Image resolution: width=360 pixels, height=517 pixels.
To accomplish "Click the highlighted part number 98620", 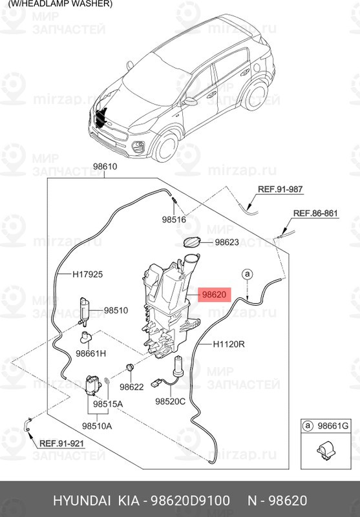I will (x=215, y=294).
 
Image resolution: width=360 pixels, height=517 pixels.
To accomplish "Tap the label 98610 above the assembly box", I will (x=105, y=167).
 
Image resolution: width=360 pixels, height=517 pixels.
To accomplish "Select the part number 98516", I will (x=174, y=220).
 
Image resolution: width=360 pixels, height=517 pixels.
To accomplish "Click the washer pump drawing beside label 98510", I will (x=84, y=311).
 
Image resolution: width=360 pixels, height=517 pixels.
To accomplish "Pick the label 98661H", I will (x=90, y=353).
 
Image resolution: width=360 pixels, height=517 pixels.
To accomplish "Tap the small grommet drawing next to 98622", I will (x=129, y=368).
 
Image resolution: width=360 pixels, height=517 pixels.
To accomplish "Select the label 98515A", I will (x=108, y=403).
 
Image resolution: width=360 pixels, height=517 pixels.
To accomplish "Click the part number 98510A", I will (x=97, y=426).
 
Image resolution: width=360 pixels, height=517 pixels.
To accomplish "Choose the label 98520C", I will (x=170, y=401).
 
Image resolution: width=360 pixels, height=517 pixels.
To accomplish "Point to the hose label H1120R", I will (x=229, y=344).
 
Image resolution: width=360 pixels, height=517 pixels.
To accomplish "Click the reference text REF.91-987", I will (x=280, y=189).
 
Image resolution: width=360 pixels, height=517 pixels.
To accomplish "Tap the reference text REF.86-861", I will (x=315, y=213).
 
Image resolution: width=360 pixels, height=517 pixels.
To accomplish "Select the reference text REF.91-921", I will (x=62, y=444).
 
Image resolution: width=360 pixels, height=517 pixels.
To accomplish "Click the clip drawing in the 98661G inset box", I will (x=324, y=451).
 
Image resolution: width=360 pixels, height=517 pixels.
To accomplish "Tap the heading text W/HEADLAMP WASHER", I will (x=60, y=4).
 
